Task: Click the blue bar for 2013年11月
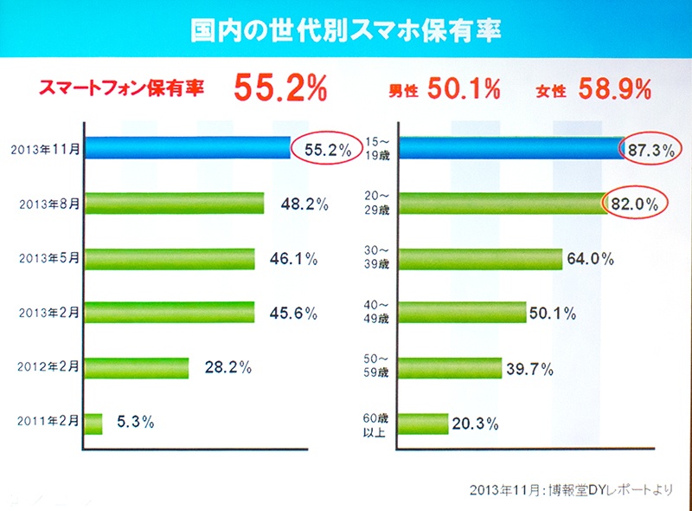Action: click(186, 150)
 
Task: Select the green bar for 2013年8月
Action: click(173, 204)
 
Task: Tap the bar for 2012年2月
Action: click(136, 367)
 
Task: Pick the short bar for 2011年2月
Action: click(93, 423)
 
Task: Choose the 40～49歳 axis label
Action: click(377, 313)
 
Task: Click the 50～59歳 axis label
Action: click(377, 367)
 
